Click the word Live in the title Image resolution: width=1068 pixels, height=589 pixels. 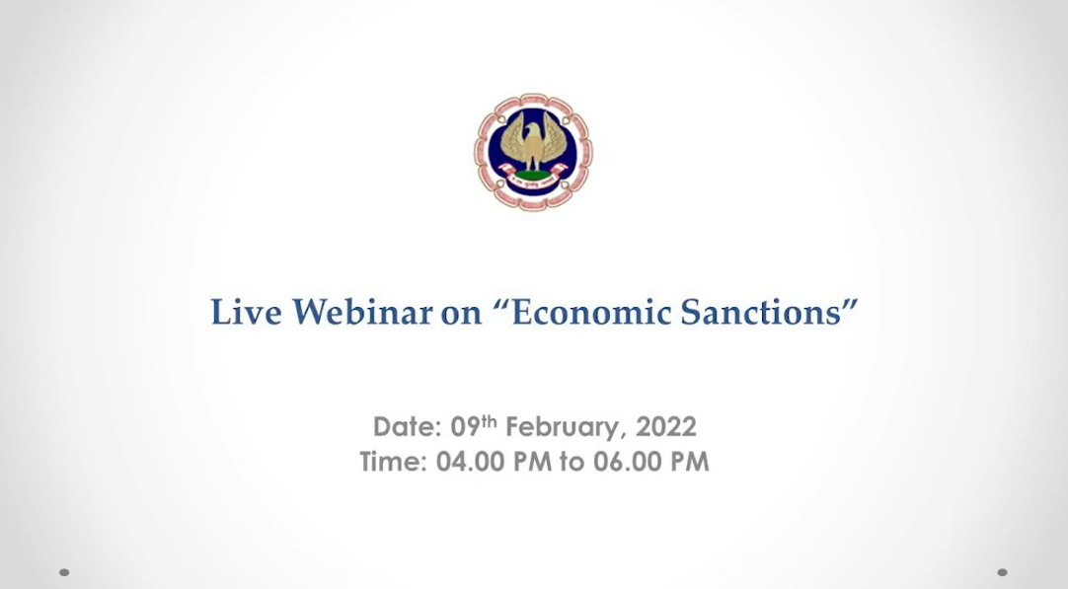[x=246, y=312]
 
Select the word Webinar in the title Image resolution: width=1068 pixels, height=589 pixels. [x=362, y=312]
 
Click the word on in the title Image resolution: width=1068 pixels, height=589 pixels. [x=461, y=314]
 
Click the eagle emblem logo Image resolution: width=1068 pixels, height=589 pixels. [x=533, y=151]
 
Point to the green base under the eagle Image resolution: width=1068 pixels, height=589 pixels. [x=533, y=176]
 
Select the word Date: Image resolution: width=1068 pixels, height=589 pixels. [x=408, y=427]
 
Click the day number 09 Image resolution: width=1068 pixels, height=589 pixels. [x=466, y=427]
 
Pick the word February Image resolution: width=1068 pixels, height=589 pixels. [x=563, y=428]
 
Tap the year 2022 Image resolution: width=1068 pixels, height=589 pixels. [x=665, y=427]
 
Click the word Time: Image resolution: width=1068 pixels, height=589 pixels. [x=393, y=462]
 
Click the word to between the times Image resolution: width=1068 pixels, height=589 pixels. [x=572, y=463]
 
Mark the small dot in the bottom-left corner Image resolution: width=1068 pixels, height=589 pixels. [x=64, y=572]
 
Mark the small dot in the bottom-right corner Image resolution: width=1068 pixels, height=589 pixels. [x=1002, y=572]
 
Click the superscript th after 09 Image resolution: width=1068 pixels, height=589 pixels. [x=490, y=421]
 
